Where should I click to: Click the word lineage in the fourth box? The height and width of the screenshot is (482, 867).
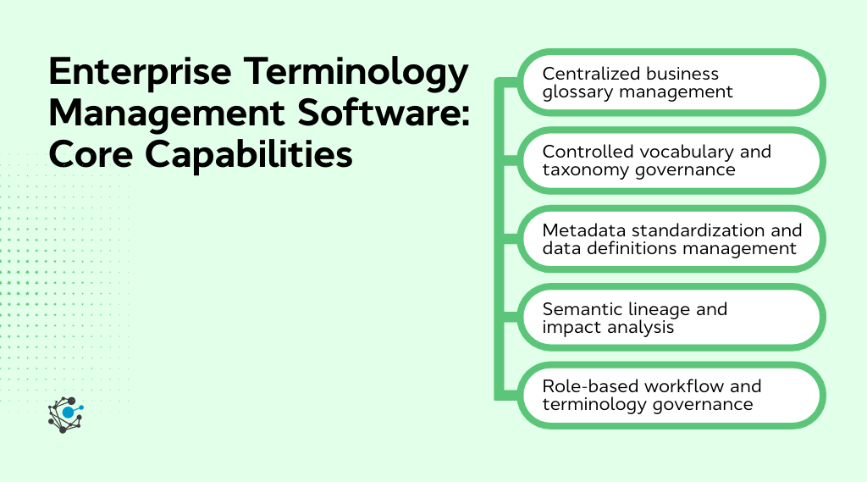pos(657,309)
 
